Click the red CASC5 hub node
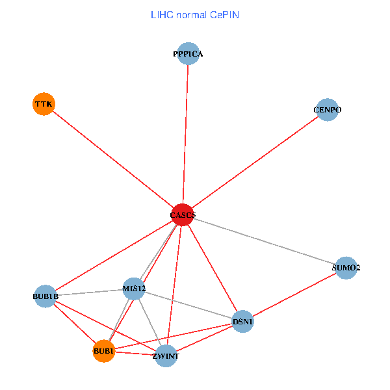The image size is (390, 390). tap(183, 215)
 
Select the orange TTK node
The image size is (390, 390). tap(43, 104)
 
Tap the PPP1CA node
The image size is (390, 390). tap(188, 54)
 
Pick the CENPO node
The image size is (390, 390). tap(327, 110)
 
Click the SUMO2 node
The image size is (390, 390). tap(346, 268)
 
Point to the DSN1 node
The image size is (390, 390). tap(242, 322)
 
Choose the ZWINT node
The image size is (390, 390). tap(166, 356)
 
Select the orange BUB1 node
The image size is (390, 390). tap(104, 352)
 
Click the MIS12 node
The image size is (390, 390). tap(133, 289)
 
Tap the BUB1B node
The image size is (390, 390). tap(45, 296)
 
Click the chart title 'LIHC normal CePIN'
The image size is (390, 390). tap(195, 14)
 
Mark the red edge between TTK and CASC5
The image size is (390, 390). tap(112, 159)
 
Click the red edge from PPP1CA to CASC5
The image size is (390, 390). tap(185, 135)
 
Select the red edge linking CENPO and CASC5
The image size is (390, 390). tap(255, 162)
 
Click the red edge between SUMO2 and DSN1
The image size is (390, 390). tap(294, 295)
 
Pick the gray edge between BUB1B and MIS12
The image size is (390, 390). tap(89, 292)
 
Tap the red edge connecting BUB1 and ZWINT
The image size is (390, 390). tap(135, 354)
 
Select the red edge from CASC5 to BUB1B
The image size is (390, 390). tap(114, 255)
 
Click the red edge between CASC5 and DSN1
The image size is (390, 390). tap(213, 268)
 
